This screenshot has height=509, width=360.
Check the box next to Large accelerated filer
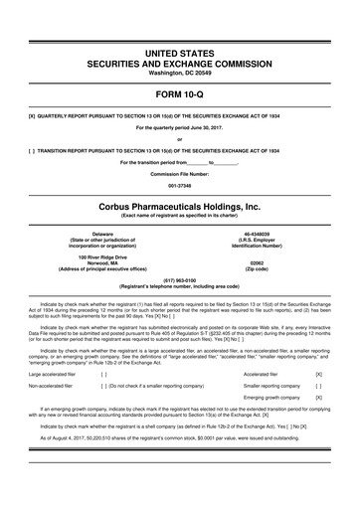click(103, 375)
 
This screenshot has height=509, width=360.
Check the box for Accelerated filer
click(317, 375)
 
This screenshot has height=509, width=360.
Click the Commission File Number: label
click(180, 174)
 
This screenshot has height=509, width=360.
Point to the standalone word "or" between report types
click(180, 138)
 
